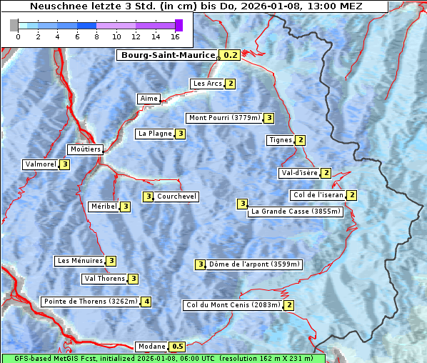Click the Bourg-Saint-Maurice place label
(x=168, y=55)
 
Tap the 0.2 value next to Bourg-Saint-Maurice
(x=230, y=55)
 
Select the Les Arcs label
(x=208, y=84)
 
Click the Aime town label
(x=149, y=99)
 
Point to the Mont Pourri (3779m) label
(x=223, y=118)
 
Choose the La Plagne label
(x=155, y=134)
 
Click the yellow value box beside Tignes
(x=301, y=140)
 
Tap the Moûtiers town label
(x=85, y=149)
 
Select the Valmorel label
(x=41, y=164)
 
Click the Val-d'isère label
(x=299, y=173)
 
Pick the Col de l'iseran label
(x=318, y=195)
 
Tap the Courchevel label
(x=177, y=197)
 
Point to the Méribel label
(x=104, y=207)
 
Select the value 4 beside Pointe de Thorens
(x=146, y=302)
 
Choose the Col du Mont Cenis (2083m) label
(x=232, y=305)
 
